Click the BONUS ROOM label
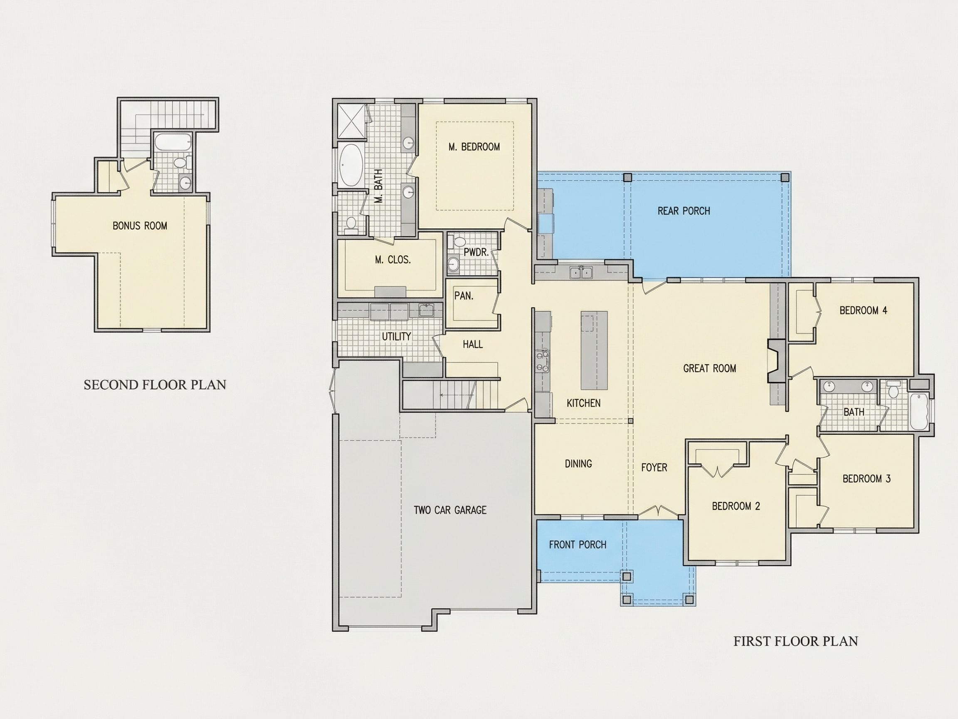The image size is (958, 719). (140, 226)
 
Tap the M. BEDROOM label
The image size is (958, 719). (474, 147)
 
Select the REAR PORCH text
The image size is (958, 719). (684, 211)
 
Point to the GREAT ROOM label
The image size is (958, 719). (710, 368)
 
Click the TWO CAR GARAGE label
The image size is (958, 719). (450, 510)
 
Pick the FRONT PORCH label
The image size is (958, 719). (578, 545)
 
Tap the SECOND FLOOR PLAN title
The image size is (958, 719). (155, 385)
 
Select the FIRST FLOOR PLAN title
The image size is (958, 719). (795, 642)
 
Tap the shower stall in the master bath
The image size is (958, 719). (351, 121)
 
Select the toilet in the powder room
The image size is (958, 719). (457, 241)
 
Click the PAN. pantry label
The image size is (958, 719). (464, 296)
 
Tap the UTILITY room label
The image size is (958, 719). (396, 337)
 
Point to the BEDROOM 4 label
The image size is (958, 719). (863, 310)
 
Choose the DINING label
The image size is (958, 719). (578, 464)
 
